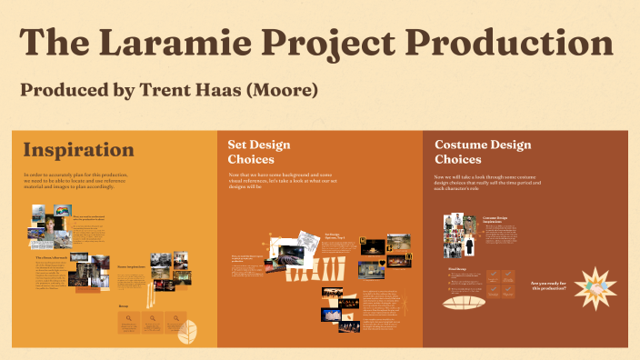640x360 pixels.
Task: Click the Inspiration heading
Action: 78,150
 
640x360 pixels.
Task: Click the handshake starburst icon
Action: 595,289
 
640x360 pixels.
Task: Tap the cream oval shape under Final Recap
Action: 471,304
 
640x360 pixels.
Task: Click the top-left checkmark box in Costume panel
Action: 493,275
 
